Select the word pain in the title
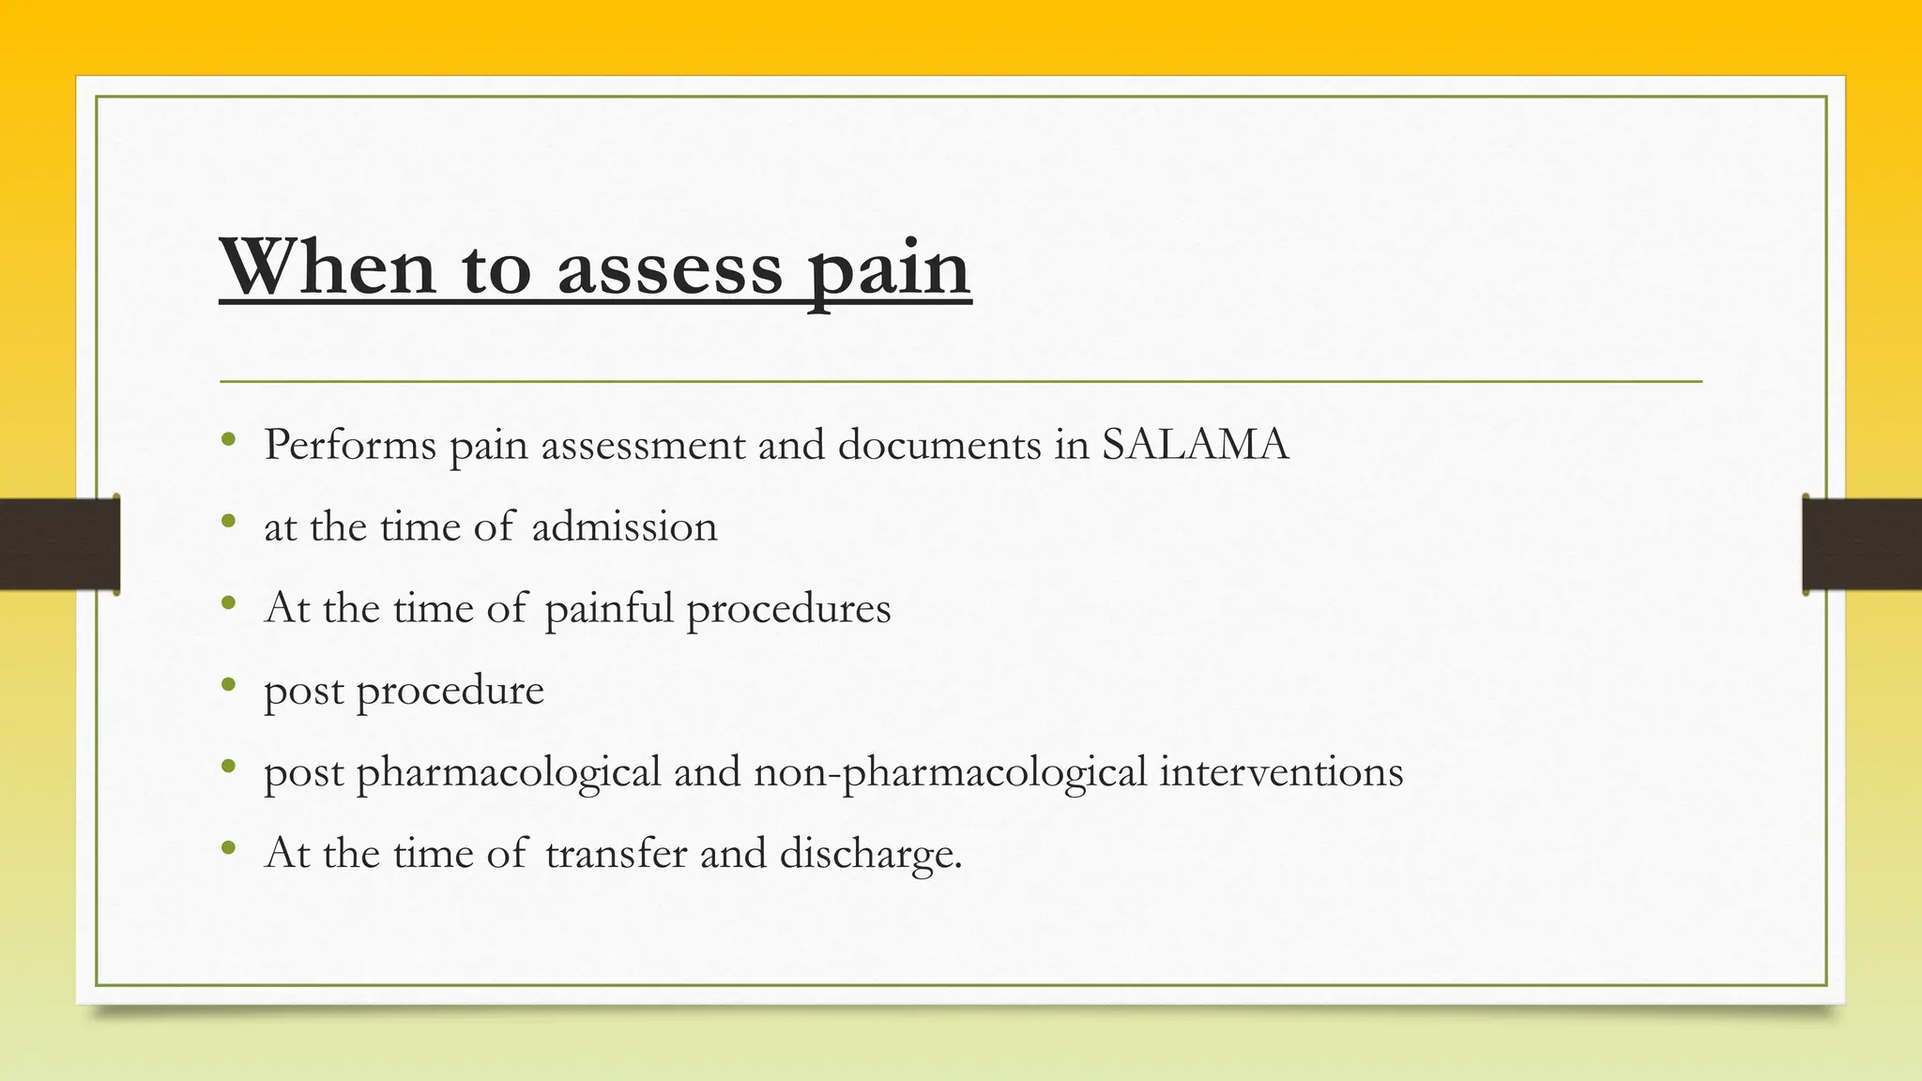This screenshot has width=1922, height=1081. [x=889, y=271]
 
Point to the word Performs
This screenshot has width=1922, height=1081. [x=349, y=444]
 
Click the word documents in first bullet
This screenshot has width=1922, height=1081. [x=938, y=444]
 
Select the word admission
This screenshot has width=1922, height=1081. [x=624, y=526]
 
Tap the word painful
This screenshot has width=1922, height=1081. [x=609, y=609]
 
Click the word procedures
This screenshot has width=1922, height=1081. [x=788, y=609]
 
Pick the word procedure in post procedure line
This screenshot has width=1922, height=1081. [x=450, y=692]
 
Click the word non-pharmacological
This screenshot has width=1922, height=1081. [x=950, y=773]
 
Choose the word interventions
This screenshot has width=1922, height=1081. [x=1281, y=772]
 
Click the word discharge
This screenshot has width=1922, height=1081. [x=870, y=855]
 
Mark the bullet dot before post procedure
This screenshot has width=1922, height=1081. [x=228, y=685]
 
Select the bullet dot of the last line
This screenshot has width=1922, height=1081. [x=228, y=848]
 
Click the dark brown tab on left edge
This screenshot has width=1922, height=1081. [x=59, y=544]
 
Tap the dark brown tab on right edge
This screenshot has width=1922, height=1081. [x=1862, y=544]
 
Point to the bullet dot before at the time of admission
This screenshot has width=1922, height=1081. [x=228, y=521]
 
